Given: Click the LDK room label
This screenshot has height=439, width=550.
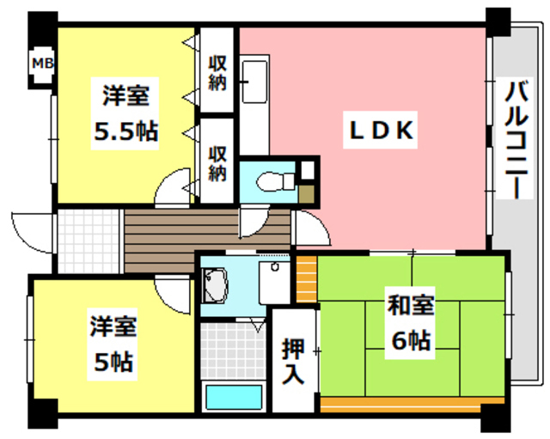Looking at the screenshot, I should pos(382,131).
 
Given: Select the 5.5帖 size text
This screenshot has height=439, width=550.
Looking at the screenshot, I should pos(125,131).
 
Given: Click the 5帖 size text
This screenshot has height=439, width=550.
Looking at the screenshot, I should pos(113,361).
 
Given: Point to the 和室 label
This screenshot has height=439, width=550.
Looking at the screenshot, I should pos(409,306).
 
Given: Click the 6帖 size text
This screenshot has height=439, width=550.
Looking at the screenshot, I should pos(409,341).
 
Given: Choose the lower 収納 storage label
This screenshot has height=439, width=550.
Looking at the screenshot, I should pos(217,162).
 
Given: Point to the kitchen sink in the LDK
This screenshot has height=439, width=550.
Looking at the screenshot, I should pos(254,82).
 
